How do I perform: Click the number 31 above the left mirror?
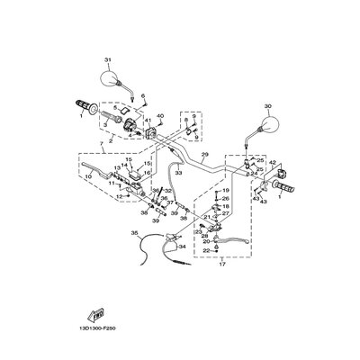(110, 60)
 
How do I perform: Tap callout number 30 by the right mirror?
(266, 106)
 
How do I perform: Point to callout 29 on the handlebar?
(204, 156)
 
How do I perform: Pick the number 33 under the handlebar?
(178, 172)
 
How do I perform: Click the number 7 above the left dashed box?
(87, 176)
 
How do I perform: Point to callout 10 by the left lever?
(87, 176)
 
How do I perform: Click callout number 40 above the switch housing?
(160, 116)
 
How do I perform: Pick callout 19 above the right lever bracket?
(226, 192)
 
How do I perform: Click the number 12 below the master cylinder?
(108, 195)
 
